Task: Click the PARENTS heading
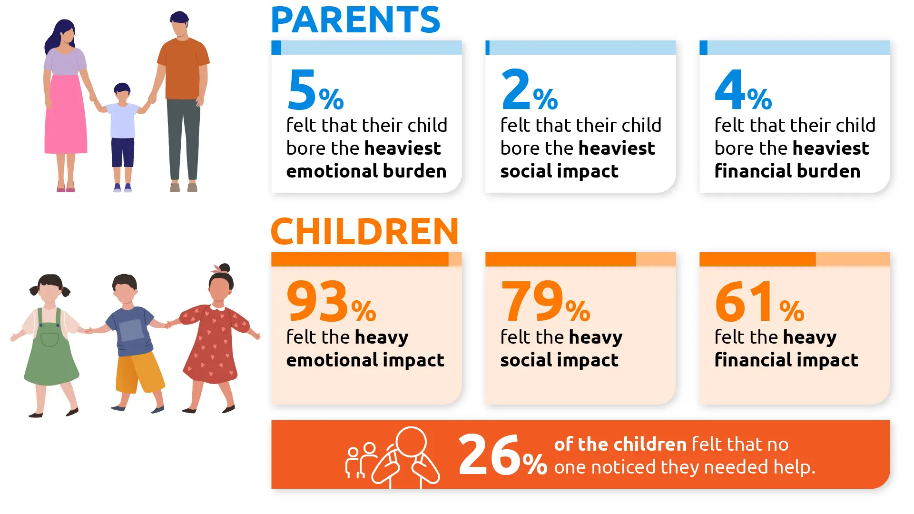pos(355,20)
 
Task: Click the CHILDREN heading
pos(364,232)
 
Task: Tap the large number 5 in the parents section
pos(302,89)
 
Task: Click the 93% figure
pos(331,301)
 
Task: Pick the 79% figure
pos(545,301)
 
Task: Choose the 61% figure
pos(759,301)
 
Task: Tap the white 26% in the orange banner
pos(502,455)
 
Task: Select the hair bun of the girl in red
pos(224,268)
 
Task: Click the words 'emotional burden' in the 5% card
pos(366,171)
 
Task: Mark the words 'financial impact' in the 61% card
pos(786,360)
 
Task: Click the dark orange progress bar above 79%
pos(560,259)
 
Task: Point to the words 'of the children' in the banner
pos(620,445)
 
